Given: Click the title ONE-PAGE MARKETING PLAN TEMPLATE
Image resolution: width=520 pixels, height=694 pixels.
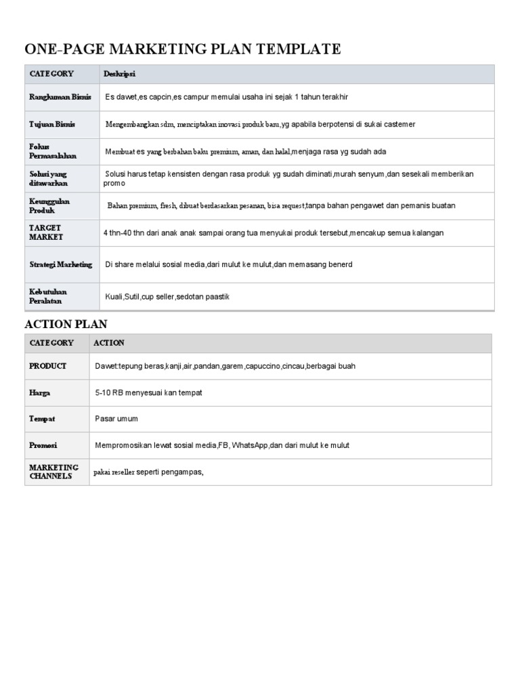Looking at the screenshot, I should point(182,49).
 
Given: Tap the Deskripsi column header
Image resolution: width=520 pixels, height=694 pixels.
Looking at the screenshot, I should point(119,73).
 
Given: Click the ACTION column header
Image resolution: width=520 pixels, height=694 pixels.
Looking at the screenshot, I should point(108,343).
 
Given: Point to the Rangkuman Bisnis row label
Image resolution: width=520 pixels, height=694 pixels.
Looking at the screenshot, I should point(60,97).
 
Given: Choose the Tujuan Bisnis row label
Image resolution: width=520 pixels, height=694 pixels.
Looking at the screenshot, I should point(52,124).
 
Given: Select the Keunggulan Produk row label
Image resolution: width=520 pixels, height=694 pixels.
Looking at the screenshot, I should point(49,206).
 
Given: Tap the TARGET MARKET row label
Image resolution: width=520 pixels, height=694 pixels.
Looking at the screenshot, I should point(46,232).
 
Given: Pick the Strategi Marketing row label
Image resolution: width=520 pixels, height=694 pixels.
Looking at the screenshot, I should point(60,264).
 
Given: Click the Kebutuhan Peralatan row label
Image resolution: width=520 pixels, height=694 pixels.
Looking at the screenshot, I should point(48,296).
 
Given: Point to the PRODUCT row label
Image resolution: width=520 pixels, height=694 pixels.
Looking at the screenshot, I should point(47,366).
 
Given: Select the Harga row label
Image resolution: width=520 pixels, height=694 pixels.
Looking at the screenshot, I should point(40,392).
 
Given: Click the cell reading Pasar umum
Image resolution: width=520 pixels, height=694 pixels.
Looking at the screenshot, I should point(116,419).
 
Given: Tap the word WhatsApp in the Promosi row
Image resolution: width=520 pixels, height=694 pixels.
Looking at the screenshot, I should point(250,445).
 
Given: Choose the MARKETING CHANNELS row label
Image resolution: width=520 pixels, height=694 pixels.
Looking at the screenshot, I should point(53,472).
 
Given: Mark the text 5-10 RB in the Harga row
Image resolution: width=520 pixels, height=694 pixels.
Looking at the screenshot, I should point(109,392).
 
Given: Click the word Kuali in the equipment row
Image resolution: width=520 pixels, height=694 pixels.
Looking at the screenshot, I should point(114,297).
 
